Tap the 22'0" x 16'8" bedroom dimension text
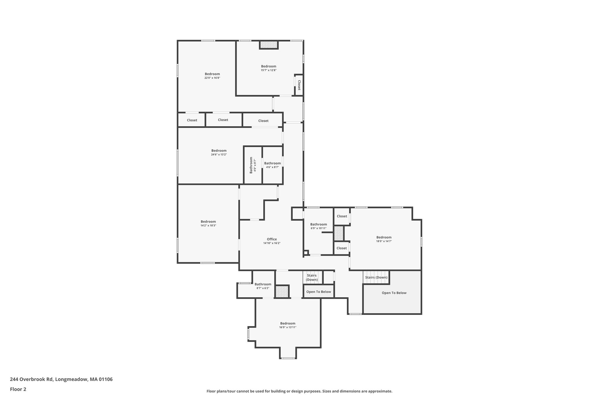(212, 78)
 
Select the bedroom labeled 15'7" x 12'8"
(268, 68)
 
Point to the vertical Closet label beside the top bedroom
(299, 85)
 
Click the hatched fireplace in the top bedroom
(269, 45)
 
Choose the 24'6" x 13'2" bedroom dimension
(219, 155)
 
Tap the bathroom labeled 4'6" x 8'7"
(272, 165)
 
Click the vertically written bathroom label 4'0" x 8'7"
(253, 165)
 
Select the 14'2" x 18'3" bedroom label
(208, 223)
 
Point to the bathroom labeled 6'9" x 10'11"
(319, 226)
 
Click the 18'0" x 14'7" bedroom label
(384, 239)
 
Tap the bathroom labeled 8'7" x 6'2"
(263, 286)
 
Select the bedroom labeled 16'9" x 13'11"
(288, 325)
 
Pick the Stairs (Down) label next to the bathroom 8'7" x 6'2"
(312, 278)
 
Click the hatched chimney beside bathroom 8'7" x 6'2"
(282, 291)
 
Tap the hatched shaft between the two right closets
(339, 233)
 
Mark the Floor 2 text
(18, 389)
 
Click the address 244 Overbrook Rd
(32, 379)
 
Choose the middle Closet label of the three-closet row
(223, 120)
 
